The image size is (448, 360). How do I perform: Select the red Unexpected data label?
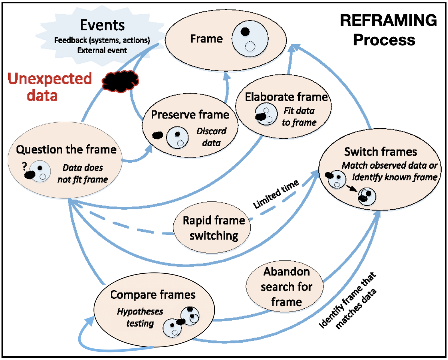(x=50, y=87)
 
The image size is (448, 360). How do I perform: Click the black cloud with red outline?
(x=121, y=79)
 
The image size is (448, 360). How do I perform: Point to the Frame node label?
(x=206, y=38)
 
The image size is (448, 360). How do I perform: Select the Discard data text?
(x=212, y=137)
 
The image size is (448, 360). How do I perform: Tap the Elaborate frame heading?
(x=287, y=97)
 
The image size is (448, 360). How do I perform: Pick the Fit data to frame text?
(x=299, y=117)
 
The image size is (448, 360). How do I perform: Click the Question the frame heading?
(x=66, y=149)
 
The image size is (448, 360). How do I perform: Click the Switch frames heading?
(x=380, y=151)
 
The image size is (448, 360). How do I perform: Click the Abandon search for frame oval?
(x=287, y=287)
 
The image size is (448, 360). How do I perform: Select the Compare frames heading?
(x=153, y=294)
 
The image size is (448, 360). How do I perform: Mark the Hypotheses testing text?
(x=136, y=317)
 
